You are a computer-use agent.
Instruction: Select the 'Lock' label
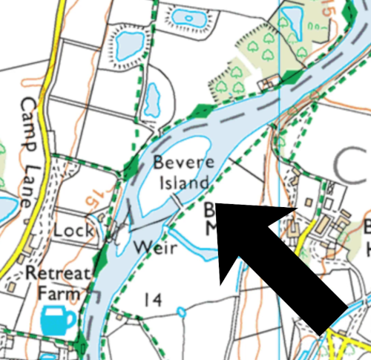coord(74,230)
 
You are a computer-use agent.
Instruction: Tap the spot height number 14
coord(153,299)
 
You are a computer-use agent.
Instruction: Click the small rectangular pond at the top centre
coord(183,14)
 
